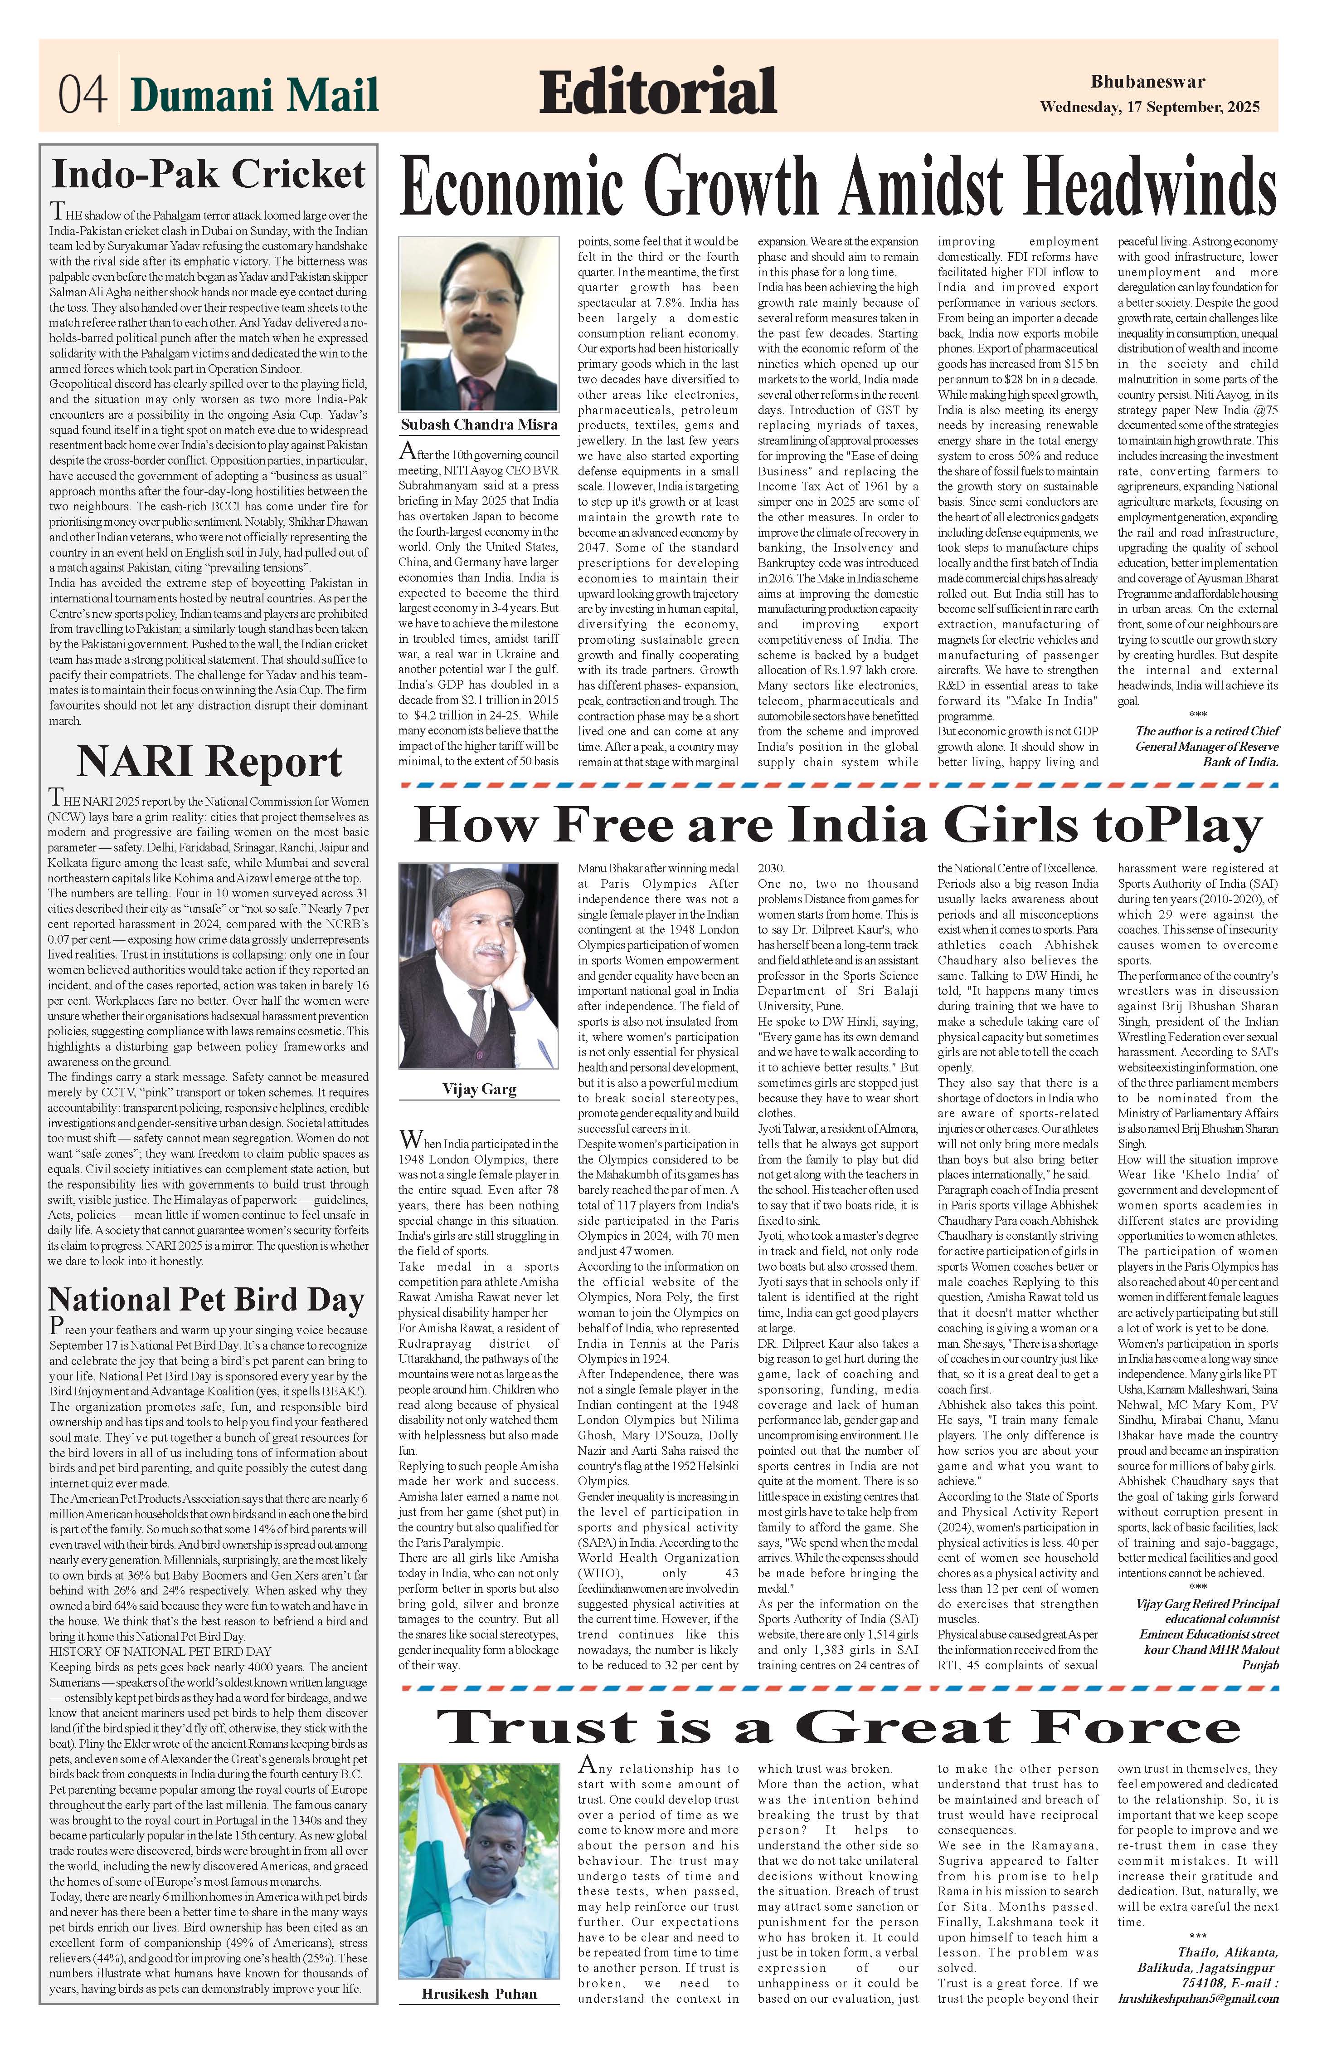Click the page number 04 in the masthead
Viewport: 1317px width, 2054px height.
point(82,95)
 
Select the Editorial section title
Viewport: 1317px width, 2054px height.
point(658,93)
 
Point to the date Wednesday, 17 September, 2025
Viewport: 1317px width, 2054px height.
point(1149,108)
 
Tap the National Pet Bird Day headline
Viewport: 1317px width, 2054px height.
point(207,1300)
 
